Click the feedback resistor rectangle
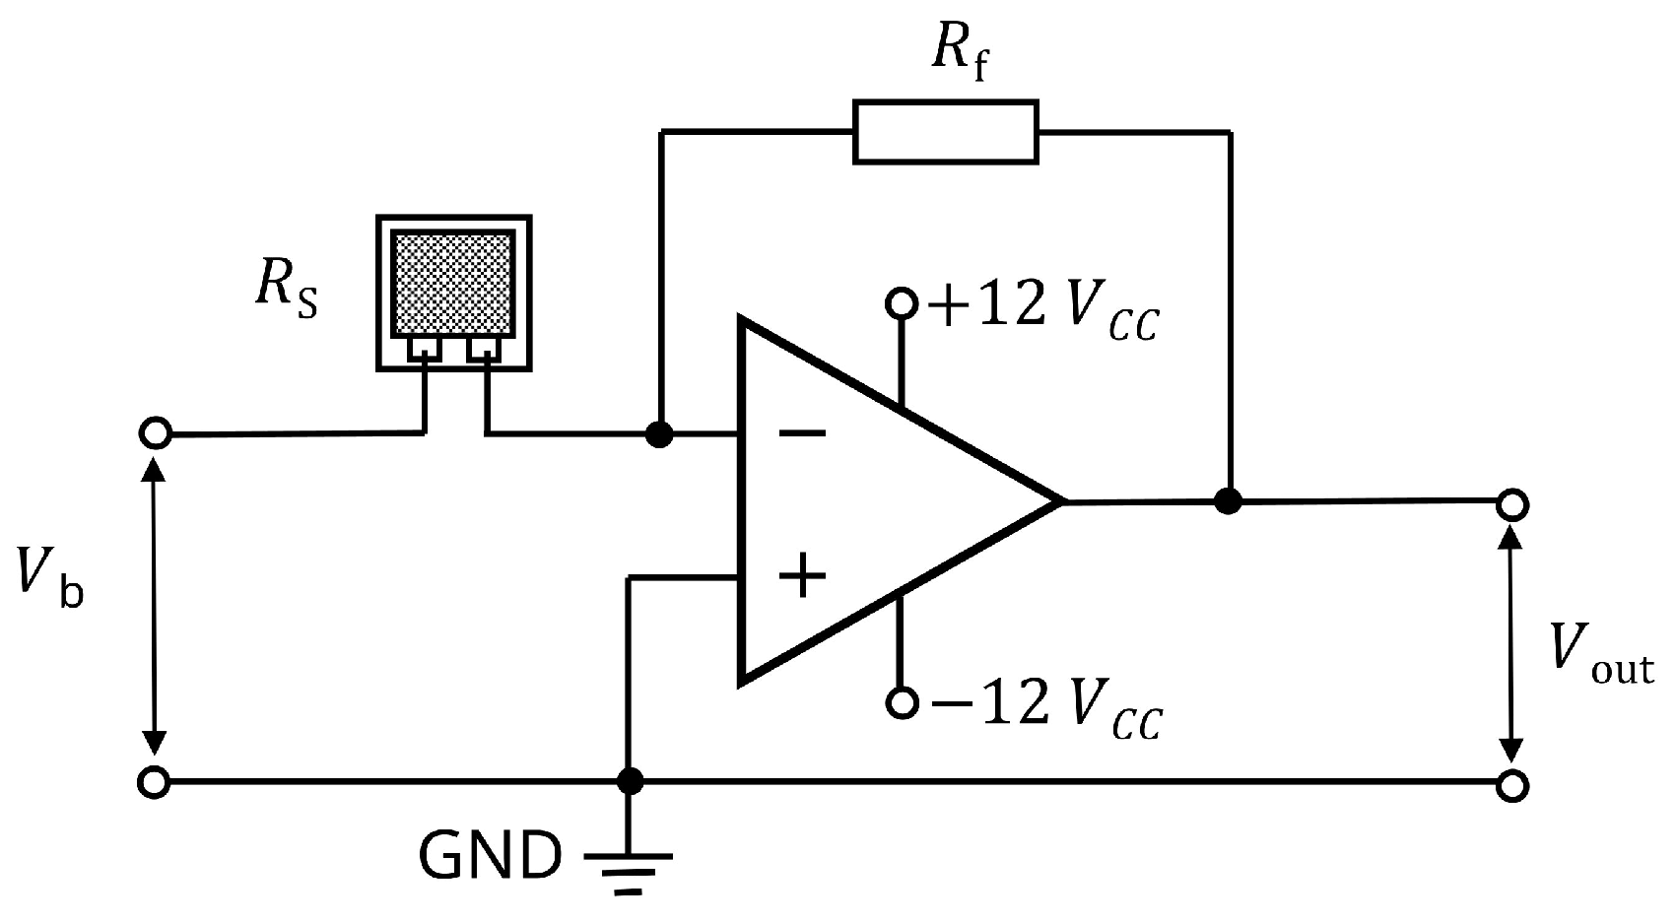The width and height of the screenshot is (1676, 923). [x=945, y=131]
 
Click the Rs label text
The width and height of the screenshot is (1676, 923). [x=287, y=290]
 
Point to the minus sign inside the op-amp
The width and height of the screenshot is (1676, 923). [x=803, y=432]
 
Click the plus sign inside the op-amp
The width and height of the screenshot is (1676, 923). [x=803, y=575]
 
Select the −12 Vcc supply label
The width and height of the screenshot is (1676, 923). [x=1047, y=705]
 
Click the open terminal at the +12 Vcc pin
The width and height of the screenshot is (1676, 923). [x=901, y=302]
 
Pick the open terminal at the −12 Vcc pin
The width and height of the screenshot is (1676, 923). [x=901, y=702]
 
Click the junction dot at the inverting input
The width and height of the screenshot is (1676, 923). [x=659, y=433]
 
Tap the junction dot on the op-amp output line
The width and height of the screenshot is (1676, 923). [x=1228, y=501]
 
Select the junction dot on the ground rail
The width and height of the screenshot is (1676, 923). [x=630, y=782]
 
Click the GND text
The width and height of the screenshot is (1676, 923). [x=490, y=856]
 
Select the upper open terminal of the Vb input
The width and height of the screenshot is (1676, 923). [x=156, y=433]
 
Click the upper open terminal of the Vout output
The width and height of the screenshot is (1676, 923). [x=1511, y=505]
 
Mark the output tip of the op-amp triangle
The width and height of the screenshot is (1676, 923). [x=1062, y=501]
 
